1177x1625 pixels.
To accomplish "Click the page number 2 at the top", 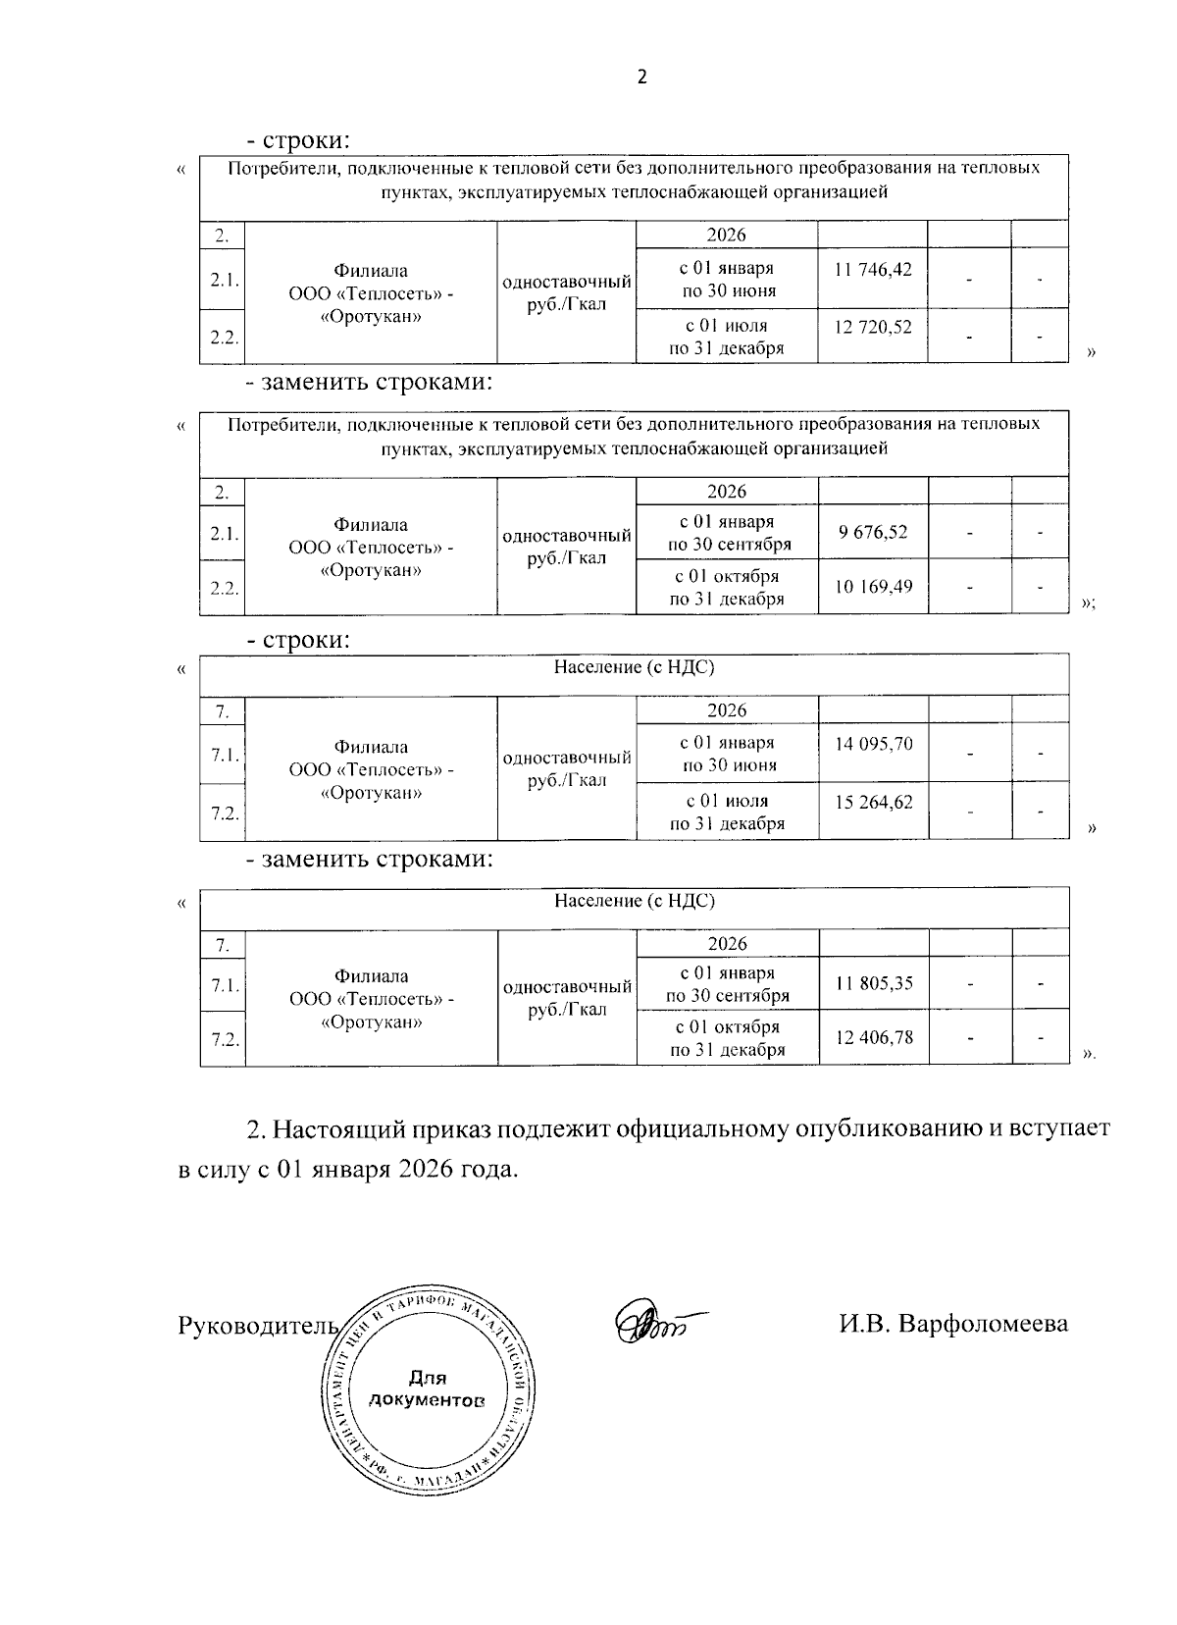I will [x=642, y=78].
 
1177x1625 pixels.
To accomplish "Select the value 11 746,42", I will [x=873, y=269].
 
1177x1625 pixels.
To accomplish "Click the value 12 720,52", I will [x=873, y=327].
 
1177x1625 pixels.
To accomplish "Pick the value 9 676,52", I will [x=873, y=533].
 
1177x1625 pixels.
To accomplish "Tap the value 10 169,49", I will [x=873, y=587].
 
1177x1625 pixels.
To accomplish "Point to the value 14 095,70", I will [x=874, y=744].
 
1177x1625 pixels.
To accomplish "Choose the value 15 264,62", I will [x=874, y=802].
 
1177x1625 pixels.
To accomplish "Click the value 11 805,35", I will [x=874, y=983].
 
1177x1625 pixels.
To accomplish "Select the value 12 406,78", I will [x=874, y=1036].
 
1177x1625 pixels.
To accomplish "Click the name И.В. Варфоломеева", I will [x=952, y=1325].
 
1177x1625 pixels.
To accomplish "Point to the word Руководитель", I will [x=258, y=1326].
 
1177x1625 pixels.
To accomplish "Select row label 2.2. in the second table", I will [x=223, y=588].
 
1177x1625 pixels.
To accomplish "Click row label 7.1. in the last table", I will [x=223, y=984].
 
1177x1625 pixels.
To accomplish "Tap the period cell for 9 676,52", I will [x=727, y=533].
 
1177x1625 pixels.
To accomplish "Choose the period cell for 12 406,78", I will [x=727, y=1037].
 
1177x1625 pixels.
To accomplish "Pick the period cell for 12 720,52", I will [x=727, y=337].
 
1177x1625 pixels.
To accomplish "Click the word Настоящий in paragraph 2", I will [x=336, y=1128].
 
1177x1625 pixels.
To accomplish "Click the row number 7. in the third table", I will [x=223, y=710].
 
